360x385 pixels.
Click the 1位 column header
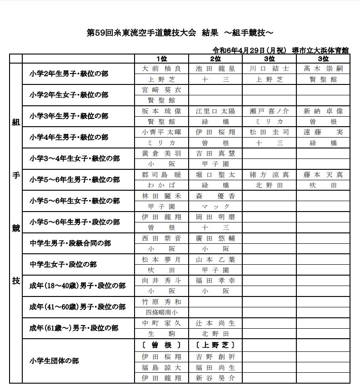click(x=161, y=59)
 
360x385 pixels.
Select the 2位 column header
click(x=215, y=59)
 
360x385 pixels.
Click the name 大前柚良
click(x=161, y=69)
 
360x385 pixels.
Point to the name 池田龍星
click(x=215, y=69)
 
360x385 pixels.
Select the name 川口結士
click(x=269, y=69)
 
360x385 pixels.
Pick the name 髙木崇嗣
click(x=323, y=69)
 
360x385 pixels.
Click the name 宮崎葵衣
click(x=161, y=90)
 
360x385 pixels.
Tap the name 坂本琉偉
click(x=161, y=111)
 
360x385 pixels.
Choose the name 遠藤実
click(x=323, y=132)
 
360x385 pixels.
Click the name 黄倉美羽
click(x=161, y=153)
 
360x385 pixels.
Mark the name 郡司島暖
click(x=161, y=174)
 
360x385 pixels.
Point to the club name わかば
click(x=161, y=185)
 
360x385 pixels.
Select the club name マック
click(x=215, y=206)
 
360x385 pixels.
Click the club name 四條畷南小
click(x=161, y=312)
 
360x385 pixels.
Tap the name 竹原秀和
click(x=161, y=302)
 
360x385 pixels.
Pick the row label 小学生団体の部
click(x=54, y=361)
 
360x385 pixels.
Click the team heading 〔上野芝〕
click(x=215, y=345)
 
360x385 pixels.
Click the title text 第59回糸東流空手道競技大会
click(x=141, y=33)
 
